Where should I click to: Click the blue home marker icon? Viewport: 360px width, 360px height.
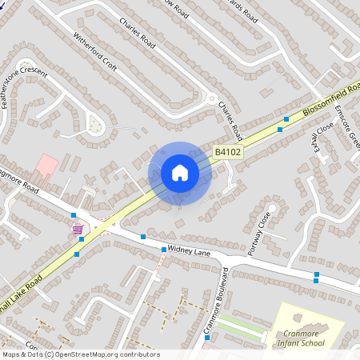[180, 172]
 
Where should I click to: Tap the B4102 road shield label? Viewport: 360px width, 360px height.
[227, 150]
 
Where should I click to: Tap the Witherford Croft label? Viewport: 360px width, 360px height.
[95, 57]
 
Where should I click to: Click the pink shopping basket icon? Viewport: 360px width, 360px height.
[78, 229]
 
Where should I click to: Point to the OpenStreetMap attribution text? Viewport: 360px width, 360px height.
[80, 354]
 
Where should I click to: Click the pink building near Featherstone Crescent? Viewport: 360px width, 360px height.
[46, 166]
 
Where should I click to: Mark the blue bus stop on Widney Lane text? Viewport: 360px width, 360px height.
[164, 250]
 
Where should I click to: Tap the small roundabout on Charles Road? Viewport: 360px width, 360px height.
[212, 101]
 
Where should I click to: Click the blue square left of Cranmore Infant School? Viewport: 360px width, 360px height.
[207, 338]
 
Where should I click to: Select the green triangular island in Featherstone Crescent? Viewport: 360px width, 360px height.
[96, 125]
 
